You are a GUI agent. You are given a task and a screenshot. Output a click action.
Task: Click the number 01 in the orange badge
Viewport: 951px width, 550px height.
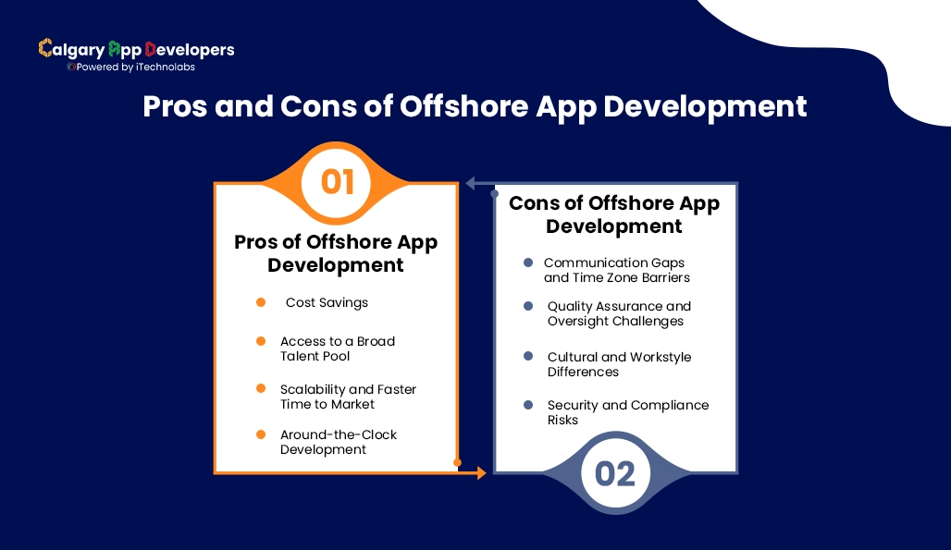pos(338,182)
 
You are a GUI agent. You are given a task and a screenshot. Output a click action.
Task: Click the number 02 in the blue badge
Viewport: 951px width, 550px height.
pos(615,473)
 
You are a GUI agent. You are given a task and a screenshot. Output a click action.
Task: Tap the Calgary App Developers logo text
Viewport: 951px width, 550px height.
pos(136,49)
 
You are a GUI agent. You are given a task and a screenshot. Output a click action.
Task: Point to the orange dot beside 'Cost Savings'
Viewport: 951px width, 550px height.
pos(261,302)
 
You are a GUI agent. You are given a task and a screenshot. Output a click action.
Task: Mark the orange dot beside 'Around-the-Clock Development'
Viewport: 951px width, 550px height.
pos(261,434)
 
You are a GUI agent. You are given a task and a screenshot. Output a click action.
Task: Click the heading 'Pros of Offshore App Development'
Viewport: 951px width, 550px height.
pos(336,253)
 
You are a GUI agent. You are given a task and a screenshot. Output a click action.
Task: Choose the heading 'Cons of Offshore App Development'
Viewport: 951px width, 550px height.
pos(613,214)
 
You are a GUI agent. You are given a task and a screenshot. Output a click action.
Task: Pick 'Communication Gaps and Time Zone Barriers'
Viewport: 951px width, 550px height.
pos(616,270)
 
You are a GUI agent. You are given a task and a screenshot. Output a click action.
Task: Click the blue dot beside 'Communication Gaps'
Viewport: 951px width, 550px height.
pos(528,263)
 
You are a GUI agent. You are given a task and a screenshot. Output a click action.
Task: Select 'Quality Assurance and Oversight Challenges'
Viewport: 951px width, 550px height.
pos(618,313)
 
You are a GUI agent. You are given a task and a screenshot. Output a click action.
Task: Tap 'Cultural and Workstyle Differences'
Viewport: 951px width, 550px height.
pos(618,364)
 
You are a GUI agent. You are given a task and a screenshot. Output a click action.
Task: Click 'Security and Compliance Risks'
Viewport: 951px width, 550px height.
pos(627,412)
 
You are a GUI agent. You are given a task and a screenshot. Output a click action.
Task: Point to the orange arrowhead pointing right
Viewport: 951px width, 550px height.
pos(480,473)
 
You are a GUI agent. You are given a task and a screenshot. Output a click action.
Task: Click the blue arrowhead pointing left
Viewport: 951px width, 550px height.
pos(470,183)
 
